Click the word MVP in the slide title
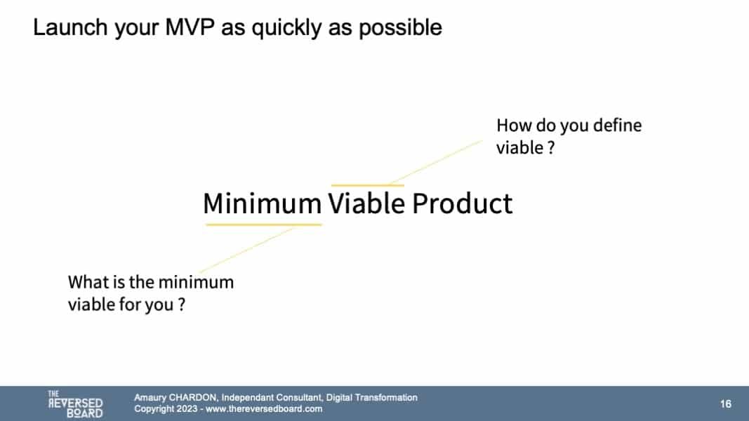[x=189, y=27]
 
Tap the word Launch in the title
[x=70, y=27]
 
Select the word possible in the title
[x=400, y=27]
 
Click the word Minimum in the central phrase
[x=263, y=203]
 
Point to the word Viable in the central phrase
[x=366, y=203]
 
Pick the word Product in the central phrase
[x=462, y=203]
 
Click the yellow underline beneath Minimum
[x=264, y=225]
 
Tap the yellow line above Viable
[x=367, y=185]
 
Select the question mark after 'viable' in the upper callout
[x=551, y=148]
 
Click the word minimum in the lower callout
[x=196, y=282]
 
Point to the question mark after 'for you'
[x=182, y=305]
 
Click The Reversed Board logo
[x=76, y=404]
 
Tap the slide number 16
[x=726, y=404]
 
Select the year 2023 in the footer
[x=186, y=409]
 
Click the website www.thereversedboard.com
[x=264, y=409]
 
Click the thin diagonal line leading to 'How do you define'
[x=436, y=162]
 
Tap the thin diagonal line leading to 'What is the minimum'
[x=247, y=250]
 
